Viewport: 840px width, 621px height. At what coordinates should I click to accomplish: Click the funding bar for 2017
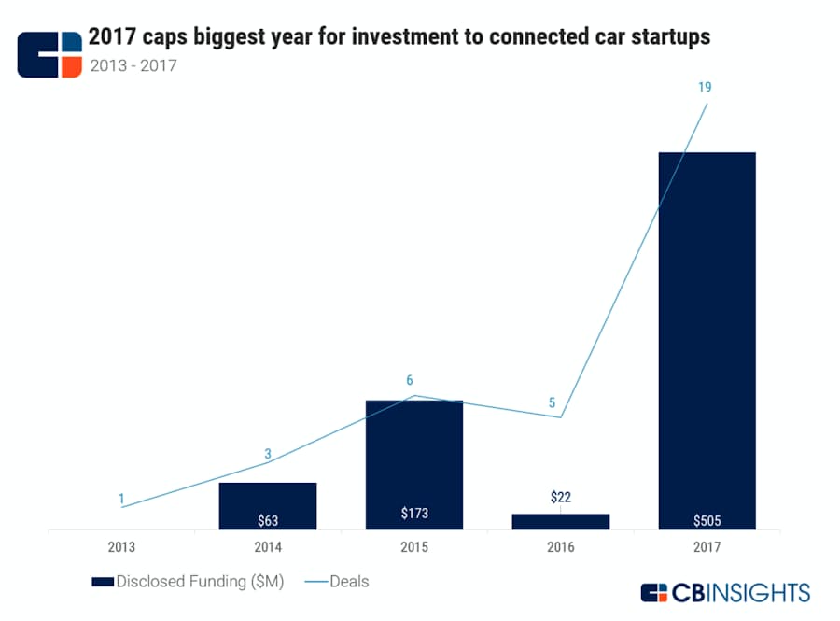click(707, 336)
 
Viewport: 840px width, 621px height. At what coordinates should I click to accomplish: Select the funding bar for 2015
click(413, 462)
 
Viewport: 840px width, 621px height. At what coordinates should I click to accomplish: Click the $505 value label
click(707, 520)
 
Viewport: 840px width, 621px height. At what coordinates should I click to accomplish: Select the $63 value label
click(268, 520)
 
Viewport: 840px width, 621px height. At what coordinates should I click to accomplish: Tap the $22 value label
click(560, 497)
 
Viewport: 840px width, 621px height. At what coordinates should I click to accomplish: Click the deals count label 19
click(705, 87)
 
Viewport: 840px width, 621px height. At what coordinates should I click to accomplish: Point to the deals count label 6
click(409, 380)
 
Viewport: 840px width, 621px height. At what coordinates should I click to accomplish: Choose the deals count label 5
click(552, 402)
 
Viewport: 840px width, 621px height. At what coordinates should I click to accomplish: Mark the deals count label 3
click(268, 454)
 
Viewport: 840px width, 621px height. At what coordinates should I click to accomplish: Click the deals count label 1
click(121, 499)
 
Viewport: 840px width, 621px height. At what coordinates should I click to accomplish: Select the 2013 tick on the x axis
click(121, 546)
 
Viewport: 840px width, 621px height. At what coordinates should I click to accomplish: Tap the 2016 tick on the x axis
click(560, 546)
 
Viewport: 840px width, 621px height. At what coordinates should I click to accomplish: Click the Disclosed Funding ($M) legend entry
click(187, 582)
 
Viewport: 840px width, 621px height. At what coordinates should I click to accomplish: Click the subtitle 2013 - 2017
click(132, 65)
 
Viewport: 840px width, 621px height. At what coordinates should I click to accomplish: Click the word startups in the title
click(665, 36)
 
